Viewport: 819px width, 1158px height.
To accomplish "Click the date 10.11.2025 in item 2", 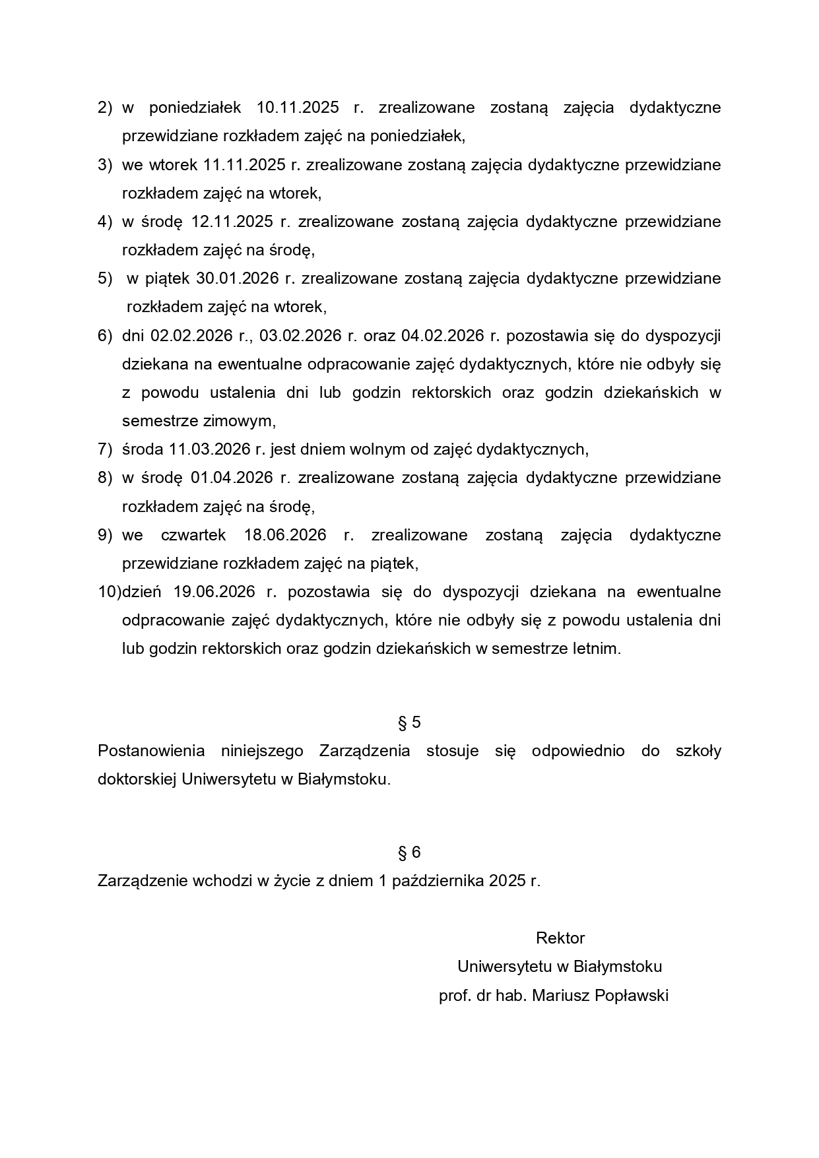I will pyautogui.click(x=298, y=108).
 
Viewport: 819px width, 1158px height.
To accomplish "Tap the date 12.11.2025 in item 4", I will pyautogui.click(x=232, y=222).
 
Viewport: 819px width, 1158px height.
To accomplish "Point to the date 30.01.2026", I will pyautogui.click(x=238, y=278).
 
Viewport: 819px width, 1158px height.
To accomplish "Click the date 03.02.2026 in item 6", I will pyautogui.click(x=300, y=336).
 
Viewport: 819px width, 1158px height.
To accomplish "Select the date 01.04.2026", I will pyautogui.click(x=232, y=478).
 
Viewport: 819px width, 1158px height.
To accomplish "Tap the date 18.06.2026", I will pyautogui.click(x=285, y=535).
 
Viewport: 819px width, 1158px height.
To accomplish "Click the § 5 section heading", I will pyautogui.click(x=409, y=723).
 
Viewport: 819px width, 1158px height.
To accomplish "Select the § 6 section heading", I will pyautogui.click(x=409, y=852).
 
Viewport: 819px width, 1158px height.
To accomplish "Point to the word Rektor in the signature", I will pyautogui.click(x=560, y=938).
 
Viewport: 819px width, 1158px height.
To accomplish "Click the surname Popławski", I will pyautogui.click(x=632, y=996).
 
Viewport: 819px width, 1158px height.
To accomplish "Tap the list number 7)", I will pyautogui.click(x=106, y=449).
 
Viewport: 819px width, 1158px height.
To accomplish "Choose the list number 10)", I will pyautogui.click(x=110, y=592).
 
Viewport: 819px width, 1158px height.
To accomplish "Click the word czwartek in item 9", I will pyautogui.click(x=193, y=535).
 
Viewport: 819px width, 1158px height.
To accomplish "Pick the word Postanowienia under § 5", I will pyautogui.click(x=151, y=751).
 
